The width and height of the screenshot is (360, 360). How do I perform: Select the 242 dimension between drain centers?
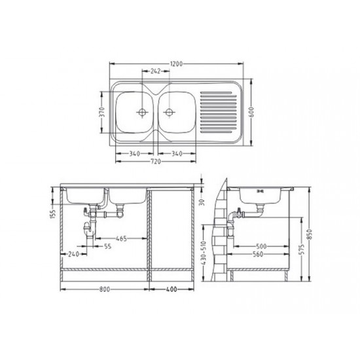click(x=156, y=71)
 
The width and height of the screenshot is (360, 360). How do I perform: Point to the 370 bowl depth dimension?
click(x=100, y=112)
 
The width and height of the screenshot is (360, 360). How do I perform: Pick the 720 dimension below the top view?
click(x=156, y=160)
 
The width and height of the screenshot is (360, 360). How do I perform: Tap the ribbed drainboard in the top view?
click(x=218, y=112)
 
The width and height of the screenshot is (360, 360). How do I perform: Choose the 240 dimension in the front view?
click(x=72, y=255)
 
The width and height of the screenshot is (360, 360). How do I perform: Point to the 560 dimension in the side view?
click(x=262, y=255)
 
